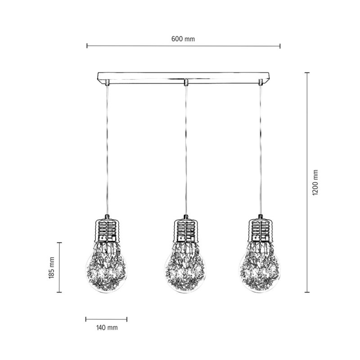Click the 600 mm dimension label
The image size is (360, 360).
(x=183, y=39)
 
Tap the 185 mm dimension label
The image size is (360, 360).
(x=52, y=267)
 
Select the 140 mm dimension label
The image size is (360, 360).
(x=107, y=328)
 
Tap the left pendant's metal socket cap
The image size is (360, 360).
(x=107, y=231)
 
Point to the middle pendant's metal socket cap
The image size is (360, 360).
(x=185, y=231)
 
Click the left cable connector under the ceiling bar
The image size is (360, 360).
(x=107, y=82)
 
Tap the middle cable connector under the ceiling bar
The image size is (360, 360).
(x=185, y=83)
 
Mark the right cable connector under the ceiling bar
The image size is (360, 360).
(x=260, y=82)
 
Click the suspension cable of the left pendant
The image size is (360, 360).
(x=107, y=148)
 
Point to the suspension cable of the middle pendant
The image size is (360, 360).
(x=185, y=148)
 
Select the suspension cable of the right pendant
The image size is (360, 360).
(x=260, y=148)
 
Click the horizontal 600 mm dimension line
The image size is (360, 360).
(x=135, y=45)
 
